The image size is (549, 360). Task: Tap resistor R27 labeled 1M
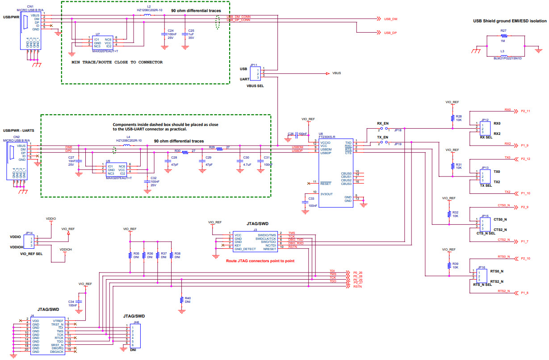(x=504, y=36)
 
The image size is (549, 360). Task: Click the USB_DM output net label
(x=390, y=19)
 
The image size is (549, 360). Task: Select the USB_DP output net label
(x=390, y=33)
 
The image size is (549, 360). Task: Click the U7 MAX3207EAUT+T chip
(x=102, y=42)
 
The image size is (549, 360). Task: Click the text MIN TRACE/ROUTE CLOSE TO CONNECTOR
(x=117, y=62)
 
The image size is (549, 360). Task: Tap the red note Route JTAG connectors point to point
(x=260, y=261)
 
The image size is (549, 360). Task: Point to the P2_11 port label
(x=525, y=111)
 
